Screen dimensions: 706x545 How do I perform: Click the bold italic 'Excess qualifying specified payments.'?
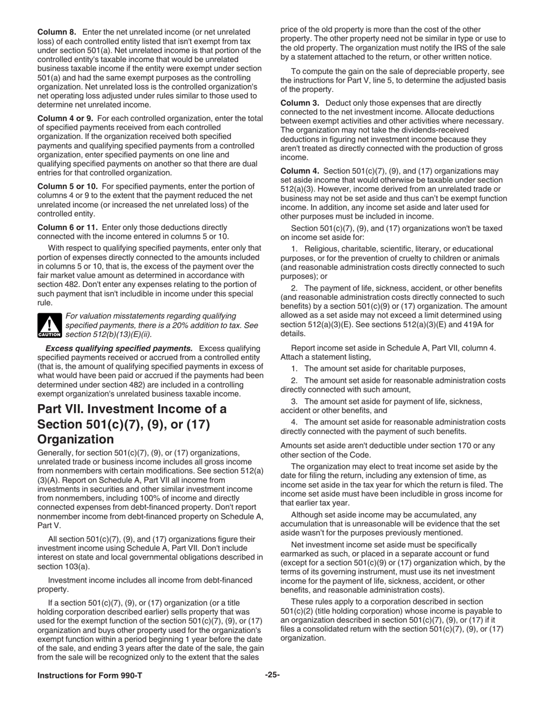coord(119,348)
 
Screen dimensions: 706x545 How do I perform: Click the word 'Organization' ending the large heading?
coord(75,439)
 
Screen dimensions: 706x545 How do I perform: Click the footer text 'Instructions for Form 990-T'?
coord(89,676)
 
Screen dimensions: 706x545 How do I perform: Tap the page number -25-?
coord(272,676)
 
